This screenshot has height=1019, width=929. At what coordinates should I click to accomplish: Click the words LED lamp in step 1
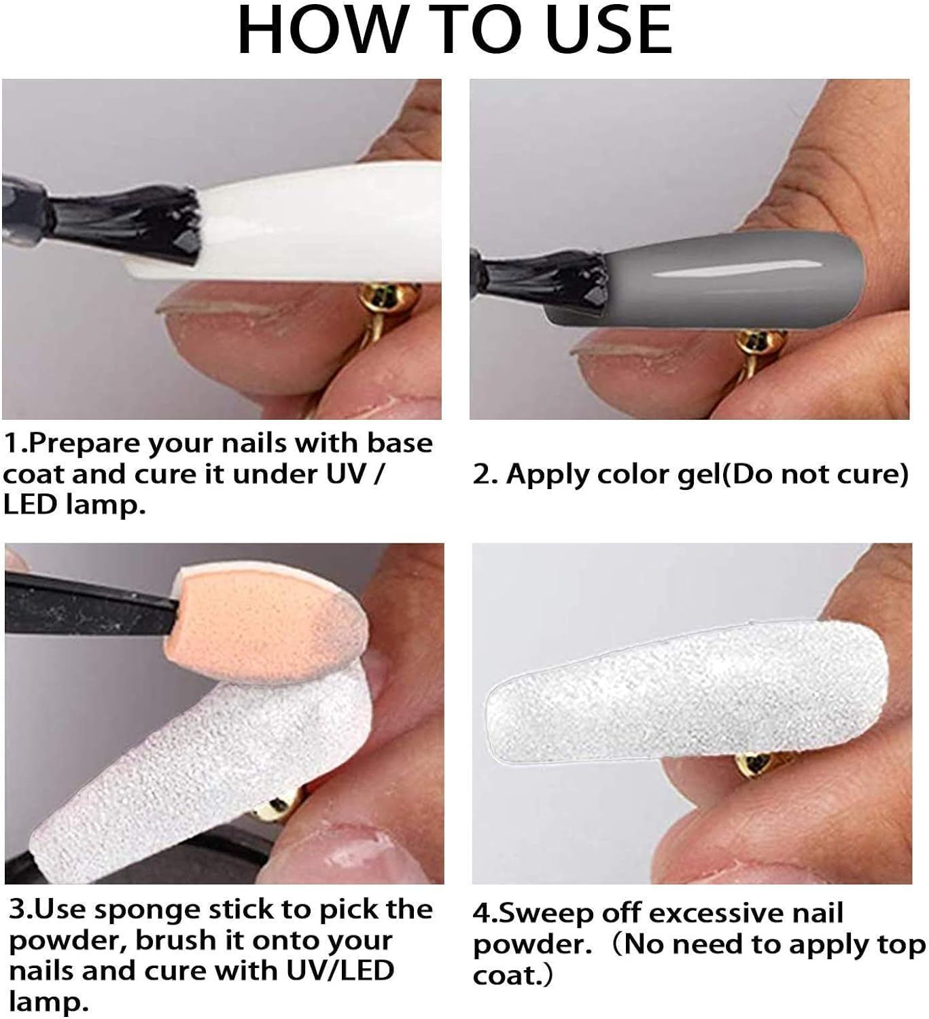tap(74, 505)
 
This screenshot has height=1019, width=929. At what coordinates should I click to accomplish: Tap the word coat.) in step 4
tap(512, 976)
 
